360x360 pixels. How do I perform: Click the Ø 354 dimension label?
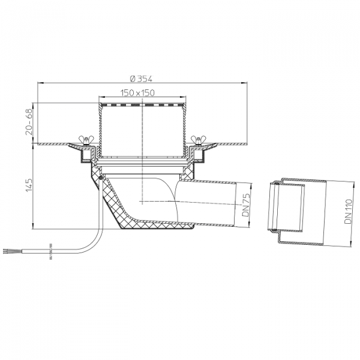click(141, 79)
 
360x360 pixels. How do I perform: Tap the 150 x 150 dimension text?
click(137, 93)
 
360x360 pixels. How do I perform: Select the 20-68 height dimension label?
click(29, 122)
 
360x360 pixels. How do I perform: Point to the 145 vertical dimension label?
click(29, 185)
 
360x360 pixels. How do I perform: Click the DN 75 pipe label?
click(245, 205)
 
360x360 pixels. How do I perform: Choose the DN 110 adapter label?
click(348, 211)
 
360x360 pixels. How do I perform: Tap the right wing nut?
click(199, 140)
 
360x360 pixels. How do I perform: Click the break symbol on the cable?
click(51, 251)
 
